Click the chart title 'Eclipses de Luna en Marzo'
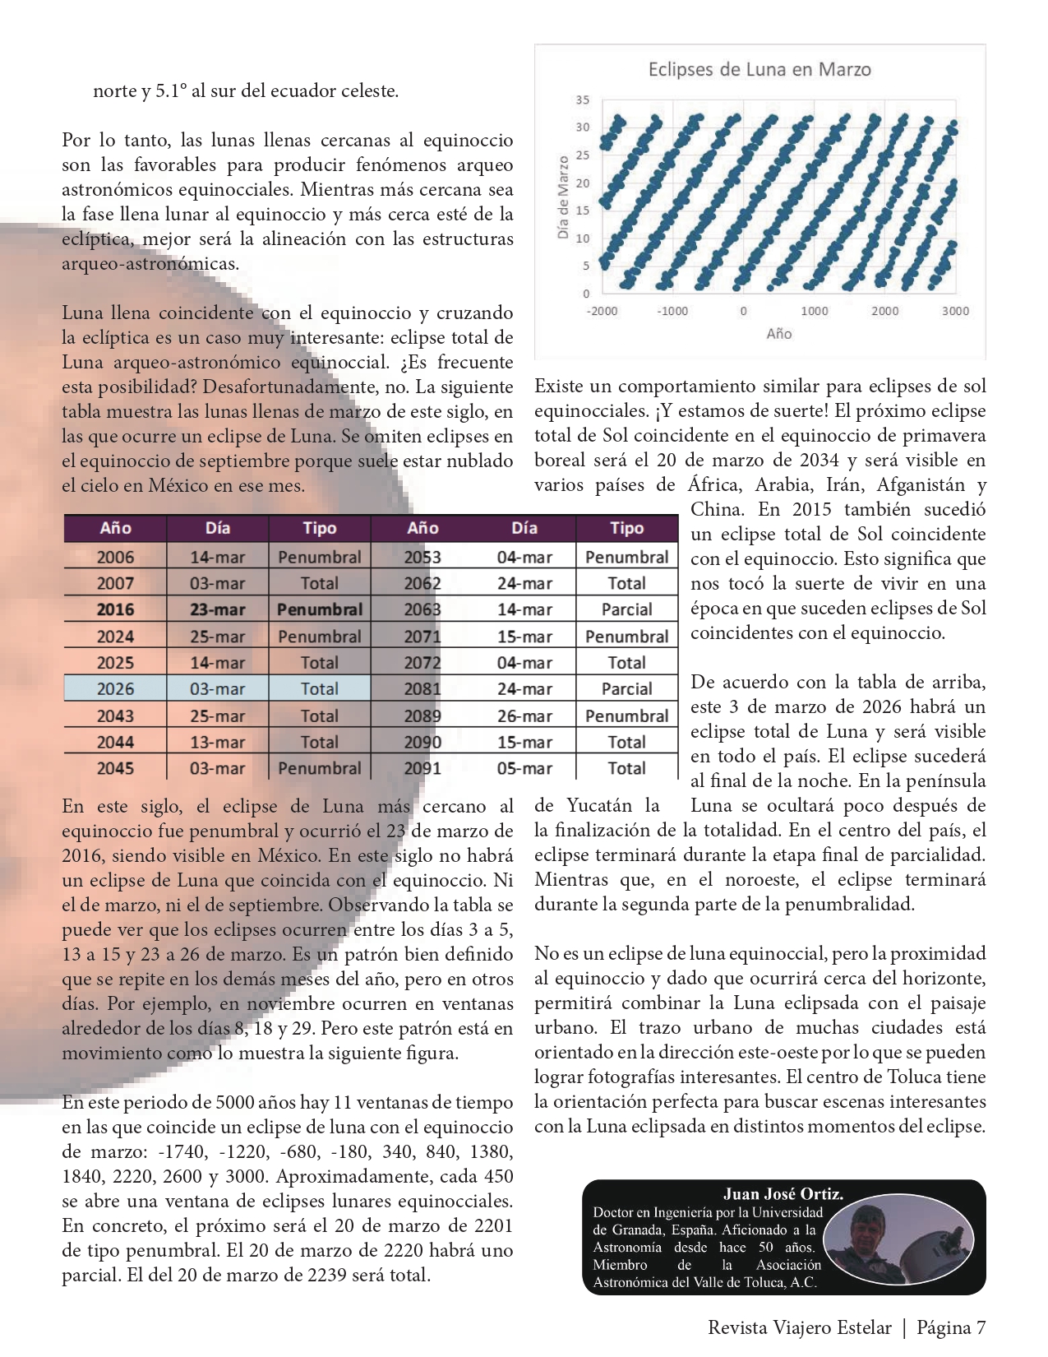point(759,69)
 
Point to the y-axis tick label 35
point(583,100)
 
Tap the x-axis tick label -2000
point(602,311)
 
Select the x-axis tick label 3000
point(955,311)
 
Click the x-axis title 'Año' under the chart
point(778,334)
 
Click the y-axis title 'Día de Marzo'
point(563,197)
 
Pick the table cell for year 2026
point(115,689)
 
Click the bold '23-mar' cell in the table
point(217,610)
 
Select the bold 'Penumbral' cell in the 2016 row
point(320,610)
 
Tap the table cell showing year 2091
point(422,768)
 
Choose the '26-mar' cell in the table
point(524,716)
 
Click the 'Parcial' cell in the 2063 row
point(626,610)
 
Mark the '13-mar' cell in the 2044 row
point(217,742)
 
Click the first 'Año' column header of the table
point(115,529)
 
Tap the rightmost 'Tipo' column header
point(626,529)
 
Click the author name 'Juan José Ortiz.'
point(783,1194)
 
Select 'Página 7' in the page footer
point(951,1327)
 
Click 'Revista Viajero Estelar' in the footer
point(799,1327)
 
